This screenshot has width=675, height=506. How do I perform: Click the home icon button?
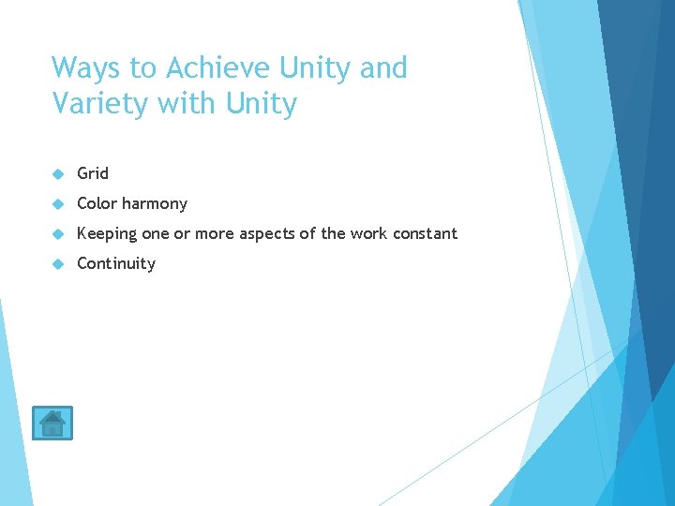point(52,423)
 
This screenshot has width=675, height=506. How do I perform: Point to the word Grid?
point(93,173)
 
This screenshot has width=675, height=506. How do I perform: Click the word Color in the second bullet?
point(97,203)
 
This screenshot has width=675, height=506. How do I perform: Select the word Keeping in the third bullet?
point(107,234)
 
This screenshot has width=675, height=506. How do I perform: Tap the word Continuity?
point(116,263)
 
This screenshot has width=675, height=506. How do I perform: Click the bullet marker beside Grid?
point(57,174)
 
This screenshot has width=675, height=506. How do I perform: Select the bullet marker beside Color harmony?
point(57,204)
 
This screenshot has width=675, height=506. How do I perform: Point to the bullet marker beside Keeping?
point(57,234)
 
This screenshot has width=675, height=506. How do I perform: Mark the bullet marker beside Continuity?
point(57,264)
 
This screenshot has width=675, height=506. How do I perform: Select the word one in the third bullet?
point(156,233)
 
